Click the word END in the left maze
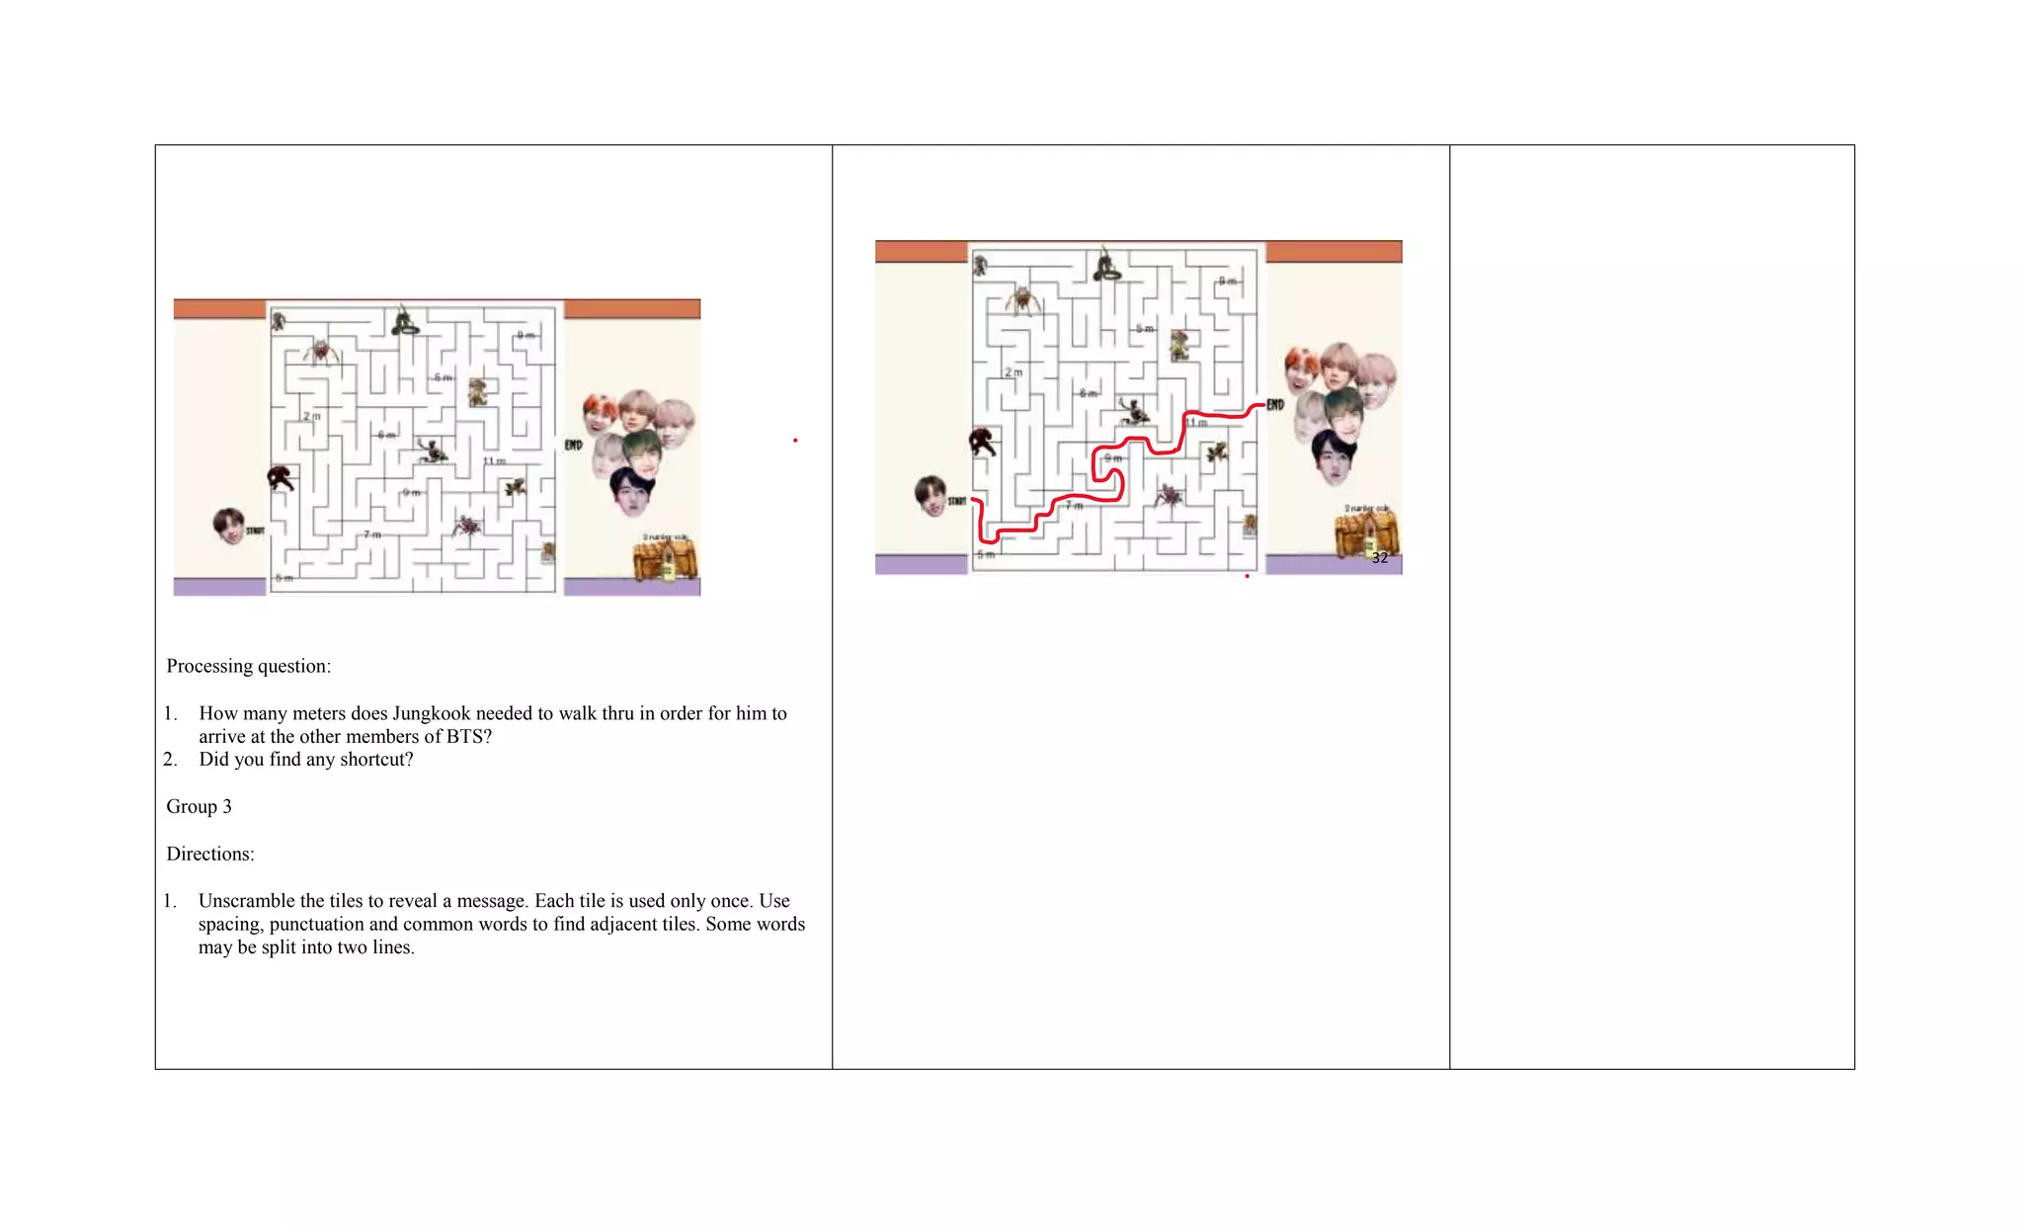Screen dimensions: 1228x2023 point(574,446)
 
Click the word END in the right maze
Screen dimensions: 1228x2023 point(1275,405)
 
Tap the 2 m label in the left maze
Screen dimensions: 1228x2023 point(312,417)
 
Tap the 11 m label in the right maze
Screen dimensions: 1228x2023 point(1196,423)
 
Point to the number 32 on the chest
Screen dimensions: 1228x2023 point(1379,558)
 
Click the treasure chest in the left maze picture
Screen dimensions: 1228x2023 point(666,559)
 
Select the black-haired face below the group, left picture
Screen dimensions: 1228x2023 point(630,491)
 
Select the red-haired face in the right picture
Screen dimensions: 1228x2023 point(1301,369)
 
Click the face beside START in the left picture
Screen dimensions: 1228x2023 point(228,526)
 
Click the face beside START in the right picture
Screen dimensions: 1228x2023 point(931,495)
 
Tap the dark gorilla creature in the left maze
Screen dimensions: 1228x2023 point(281,479)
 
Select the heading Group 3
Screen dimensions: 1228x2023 point(199,806)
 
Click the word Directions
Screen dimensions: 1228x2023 point(209,854)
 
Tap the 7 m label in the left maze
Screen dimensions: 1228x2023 point(371,534)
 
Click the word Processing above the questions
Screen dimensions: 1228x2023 point(209,666)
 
